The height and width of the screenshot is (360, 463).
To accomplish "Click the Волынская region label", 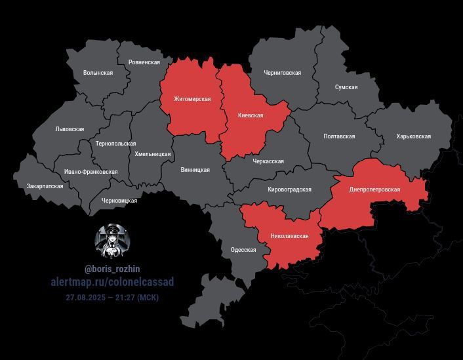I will (98, 73).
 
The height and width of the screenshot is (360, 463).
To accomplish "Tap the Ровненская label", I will (144, 62).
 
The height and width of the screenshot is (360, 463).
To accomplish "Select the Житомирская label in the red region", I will (192, 99).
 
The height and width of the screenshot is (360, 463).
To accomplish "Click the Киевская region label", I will (250, 115).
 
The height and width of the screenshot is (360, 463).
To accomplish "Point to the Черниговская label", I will (282, 73).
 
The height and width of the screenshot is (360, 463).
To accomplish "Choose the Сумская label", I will (346, 87).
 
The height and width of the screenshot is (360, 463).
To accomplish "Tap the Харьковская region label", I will (413, 136).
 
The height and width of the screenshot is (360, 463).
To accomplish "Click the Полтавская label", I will (339, 136).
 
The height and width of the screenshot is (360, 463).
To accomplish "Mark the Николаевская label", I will (289, 235).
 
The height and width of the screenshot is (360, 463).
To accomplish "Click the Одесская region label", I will (243, 250).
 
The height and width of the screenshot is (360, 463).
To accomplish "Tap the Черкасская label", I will (268, 161).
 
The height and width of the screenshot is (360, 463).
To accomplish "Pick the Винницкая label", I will (195, 170).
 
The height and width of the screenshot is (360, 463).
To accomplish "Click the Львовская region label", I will (70, 129).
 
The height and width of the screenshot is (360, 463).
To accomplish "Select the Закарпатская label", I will (45, 186).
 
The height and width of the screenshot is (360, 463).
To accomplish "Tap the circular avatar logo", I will (111, 241).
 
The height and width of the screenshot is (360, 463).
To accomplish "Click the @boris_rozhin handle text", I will (112, 269).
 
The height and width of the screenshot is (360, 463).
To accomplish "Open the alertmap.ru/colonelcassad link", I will (112, 282).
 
